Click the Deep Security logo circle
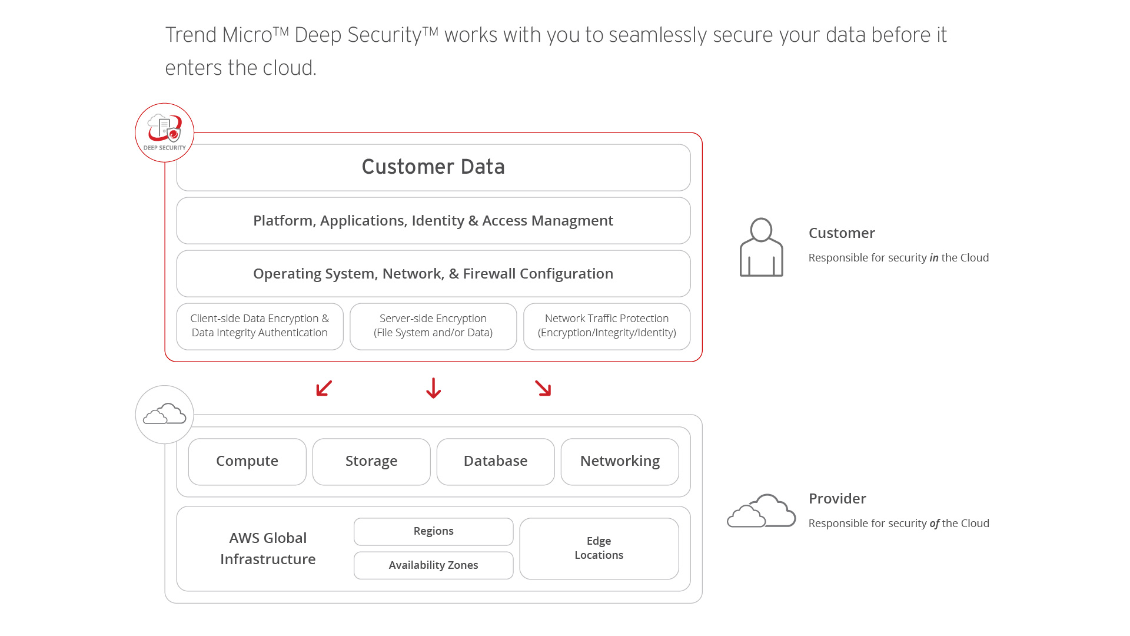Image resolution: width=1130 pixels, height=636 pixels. click(x=164, y=132)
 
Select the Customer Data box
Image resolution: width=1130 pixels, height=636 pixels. click(x=433, y=167)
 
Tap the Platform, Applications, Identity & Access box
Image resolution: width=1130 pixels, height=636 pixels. click(x=433, y=221)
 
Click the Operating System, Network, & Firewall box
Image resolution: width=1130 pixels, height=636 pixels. click(x=433, y=274)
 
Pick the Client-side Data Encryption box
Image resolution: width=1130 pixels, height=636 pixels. click(x=260, y=326)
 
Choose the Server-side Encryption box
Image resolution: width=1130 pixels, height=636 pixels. click(x=433, y=326)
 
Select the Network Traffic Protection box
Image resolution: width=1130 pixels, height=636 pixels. click(x=607, y=326)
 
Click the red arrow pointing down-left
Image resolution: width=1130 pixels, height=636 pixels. click(x=324, y=388)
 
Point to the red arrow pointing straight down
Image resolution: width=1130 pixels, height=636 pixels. click(x=434, y=388)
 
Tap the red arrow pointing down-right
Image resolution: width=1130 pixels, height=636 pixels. click(x=543, y=388)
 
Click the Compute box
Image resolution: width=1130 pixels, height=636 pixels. click(x=247, y=462)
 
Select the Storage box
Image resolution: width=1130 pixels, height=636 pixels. click(x=371, y=462)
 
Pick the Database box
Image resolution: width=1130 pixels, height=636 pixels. click(x=496, y=462)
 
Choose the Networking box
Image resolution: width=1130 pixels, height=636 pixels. click(x=620, y=462)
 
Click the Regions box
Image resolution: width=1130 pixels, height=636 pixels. click(x=433, y=532)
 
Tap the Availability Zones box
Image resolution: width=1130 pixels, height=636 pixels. click(x=433, y=565)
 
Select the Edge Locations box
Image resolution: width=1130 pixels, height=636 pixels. click(x=599, y=548)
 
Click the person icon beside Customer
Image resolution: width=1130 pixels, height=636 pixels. click(x=761, y=247)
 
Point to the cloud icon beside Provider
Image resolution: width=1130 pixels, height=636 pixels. click(x=761, y=511)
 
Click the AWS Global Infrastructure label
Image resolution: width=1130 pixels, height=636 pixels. click(x=268, y=548)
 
